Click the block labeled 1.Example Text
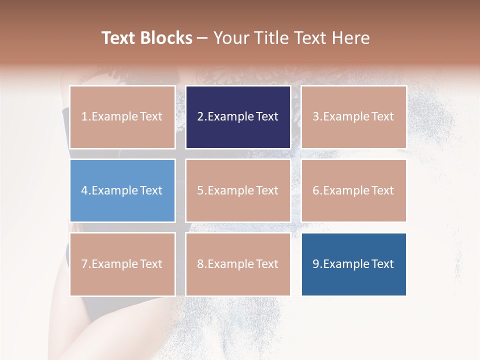122,117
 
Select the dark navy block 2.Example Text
238,117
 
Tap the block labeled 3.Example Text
353,117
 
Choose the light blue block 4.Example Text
122,190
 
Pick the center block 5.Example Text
238,190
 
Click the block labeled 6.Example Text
353,190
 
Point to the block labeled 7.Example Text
122,264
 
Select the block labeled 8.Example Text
238,264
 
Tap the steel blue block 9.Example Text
353,264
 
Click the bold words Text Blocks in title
147,38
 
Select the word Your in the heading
231,38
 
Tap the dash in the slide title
202,38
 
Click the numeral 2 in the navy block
200,117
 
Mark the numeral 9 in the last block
316,264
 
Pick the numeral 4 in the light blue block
84,190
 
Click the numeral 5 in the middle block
200,190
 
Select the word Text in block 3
383,117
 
